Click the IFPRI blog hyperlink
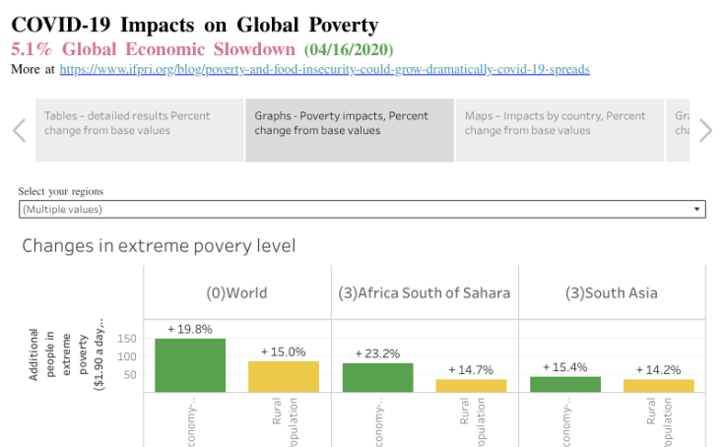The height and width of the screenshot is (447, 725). click(x=324, y=70)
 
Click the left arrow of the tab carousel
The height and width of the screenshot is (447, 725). click(x=19, y=130)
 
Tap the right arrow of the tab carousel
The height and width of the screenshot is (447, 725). click(x=704, y=130)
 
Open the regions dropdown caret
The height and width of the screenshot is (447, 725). click(x=697, y=210)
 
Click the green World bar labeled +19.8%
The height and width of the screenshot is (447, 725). click(x=190, y=365)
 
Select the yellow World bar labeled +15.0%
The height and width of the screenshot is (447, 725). click(x=284, y=376)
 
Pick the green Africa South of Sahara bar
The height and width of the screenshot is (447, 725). click(x=377, y=377)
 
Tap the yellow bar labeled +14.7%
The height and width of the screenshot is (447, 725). click(x=471, y=385)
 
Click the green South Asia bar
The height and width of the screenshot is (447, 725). click(x=564, y=384)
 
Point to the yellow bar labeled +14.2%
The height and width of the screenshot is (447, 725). click(x=658, y=385)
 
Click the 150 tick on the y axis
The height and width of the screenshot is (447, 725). click(x=125, y=339)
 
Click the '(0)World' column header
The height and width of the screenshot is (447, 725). click(x=236, y=292)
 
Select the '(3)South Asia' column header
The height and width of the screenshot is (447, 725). click(x=612, y=292)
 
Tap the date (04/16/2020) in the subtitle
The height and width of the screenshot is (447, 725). click(x=348, y=49)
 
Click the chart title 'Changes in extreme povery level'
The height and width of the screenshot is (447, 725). click(x=159, y=246)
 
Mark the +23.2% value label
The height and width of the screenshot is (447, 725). click(x=377, y=352)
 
